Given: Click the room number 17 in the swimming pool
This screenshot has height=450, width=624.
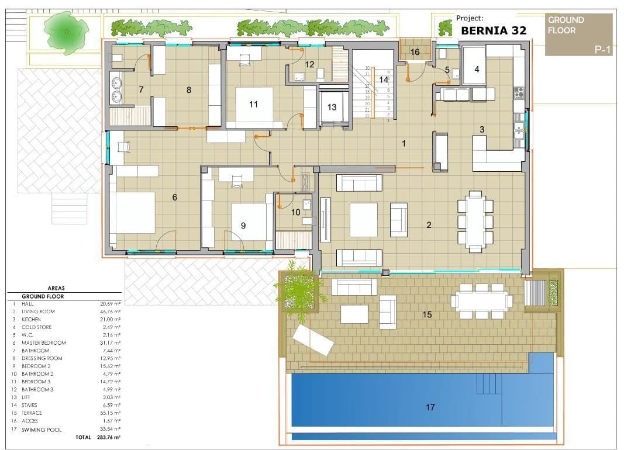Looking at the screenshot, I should coord(430,407).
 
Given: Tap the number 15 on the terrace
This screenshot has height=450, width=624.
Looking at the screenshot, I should coord(426,315).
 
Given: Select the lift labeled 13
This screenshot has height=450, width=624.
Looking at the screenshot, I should coord(332,107).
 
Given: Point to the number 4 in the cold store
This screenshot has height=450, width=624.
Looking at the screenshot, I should coord(477,69).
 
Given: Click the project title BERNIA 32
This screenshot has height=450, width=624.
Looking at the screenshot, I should coord(493,30).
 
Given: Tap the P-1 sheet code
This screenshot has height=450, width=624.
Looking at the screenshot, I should coord(602,50).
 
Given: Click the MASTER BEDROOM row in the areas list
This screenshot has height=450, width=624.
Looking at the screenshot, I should coord(44,342).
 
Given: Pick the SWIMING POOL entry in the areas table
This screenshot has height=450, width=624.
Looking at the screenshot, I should coord(42,429).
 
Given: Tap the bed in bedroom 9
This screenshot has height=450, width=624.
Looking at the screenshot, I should coord(249,221).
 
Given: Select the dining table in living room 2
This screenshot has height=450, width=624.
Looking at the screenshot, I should coord(475,221).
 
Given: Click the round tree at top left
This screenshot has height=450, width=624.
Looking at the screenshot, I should coord(65,32).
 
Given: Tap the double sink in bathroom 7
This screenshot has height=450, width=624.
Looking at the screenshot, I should coord(115,88).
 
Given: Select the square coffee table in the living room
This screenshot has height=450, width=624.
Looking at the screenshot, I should coord(363,219).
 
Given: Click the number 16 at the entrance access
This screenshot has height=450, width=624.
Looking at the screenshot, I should coord(415,52).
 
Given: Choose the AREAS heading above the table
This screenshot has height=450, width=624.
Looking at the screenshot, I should coord(57,288).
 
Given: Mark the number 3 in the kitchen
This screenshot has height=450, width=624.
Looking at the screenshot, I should coord(482,130).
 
